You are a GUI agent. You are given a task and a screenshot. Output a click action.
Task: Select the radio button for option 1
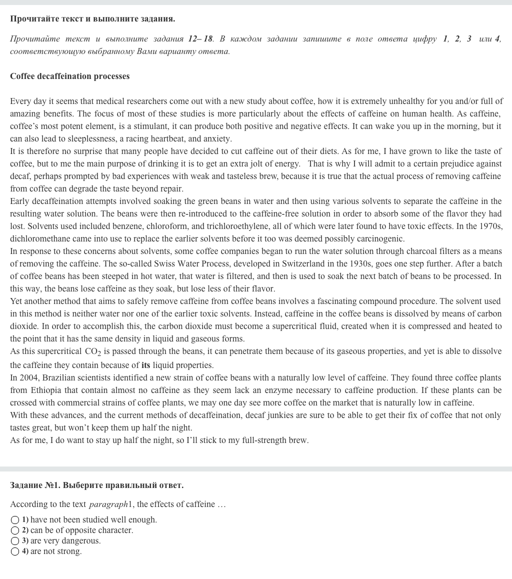click(x=15, y=520)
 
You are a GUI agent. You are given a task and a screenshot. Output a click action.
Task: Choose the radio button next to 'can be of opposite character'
click(x=15, y=530)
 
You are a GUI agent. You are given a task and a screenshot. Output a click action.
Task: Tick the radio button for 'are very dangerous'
click(x=15, y=541)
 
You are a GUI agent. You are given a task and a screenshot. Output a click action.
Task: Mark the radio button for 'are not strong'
click(x=15, y=551)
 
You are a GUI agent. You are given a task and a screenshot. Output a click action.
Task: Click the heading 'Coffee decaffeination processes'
click(x=69, y=76)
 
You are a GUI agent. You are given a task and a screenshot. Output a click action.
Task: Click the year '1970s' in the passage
click(x=491, y=226)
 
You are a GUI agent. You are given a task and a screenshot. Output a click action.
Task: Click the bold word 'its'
click(x=145, y=365)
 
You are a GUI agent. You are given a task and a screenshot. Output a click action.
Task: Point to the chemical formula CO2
click(x=92, y=352)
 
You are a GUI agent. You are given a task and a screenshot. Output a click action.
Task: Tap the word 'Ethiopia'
click(x=46, y=390)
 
